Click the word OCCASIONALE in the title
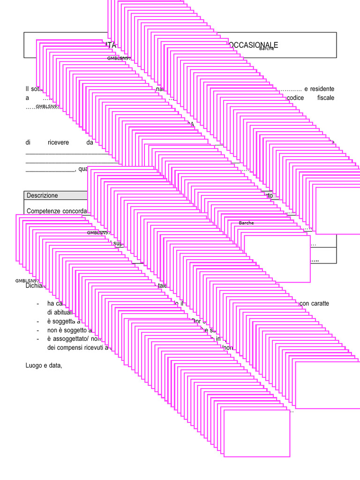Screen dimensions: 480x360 tap(255, 45)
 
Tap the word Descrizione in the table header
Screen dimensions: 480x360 tap(42, 195)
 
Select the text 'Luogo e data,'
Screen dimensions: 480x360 tap(44, 365)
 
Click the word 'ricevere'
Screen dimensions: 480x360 tap(58, 142)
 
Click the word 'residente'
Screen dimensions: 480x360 tap(322, 89)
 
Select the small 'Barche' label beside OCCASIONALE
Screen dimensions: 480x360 tap(267, 49)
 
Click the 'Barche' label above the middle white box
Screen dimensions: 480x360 tap(246, 223)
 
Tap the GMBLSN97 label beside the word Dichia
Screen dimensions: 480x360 tap(26, 281)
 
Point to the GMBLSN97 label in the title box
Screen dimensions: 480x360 tap(119, 59)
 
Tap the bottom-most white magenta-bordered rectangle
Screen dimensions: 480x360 tap(257, 433)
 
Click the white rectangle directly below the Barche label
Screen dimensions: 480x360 tap(277, 258)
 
